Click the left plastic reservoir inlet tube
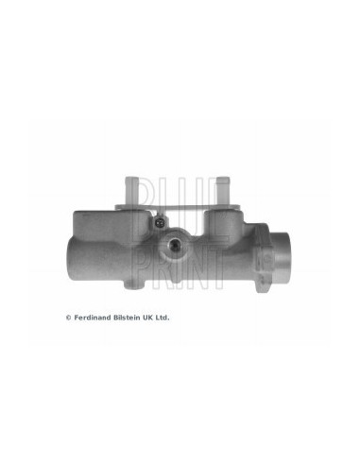131,190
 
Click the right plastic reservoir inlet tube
223,190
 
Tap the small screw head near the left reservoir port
161,222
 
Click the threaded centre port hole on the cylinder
174,244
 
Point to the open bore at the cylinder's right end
282,257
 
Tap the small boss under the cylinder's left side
134,284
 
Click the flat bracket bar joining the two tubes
178,207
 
